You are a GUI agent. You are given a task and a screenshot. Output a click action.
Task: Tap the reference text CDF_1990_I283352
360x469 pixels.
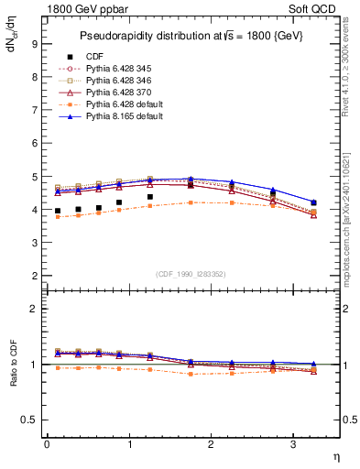tap(191, 273)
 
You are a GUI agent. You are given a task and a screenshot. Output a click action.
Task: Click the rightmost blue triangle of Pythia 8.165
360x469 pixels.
tap(314, 202)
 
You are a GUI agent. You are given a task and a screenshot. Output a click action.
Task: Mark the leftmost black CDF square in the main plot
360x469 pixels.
tap(58, 211)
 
